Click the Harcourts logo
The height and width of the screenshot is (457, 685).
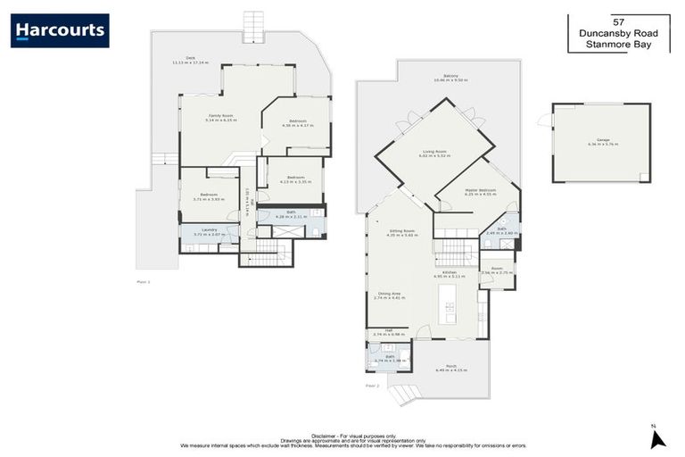pyautogui.click(x=60, y=30)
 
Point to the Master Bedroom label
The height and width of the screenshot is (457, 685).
pyautogui.click(x=480, y=190)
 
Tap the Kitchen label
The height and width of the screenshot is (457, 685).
pyautogui.click(x=450, y=272)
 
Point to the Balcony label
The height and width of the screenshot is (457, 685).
pyautogui.click(x=451, y=77)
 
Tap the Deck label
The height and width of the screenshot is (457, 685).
pyautogui.click(x=191, y=59)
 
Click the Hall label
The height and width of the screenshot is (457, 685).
pyautogui.click(x=389, y=331)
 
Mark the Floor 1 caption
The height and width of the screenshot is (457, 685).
pyautogui.click(x=144, y=281)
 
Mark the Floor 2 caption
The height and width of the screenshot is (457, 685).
pyautogui.click(x=372, y=386)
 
